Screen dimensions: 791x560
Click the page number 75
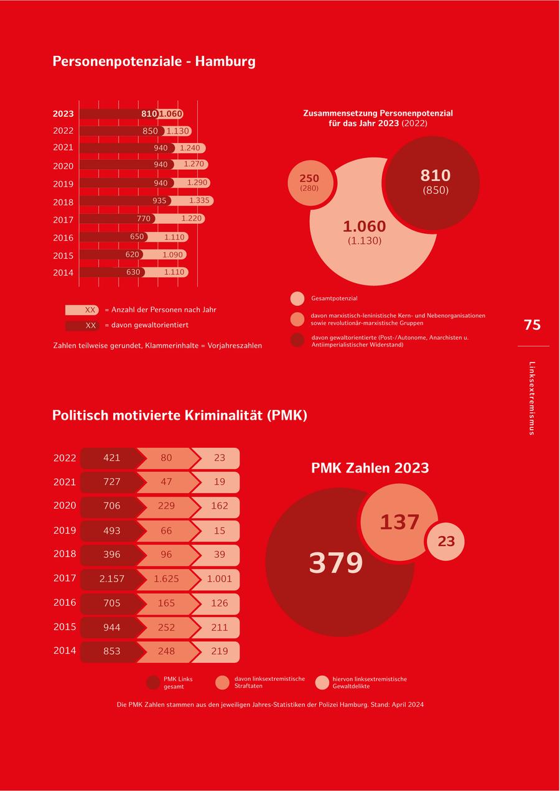click(532, 325)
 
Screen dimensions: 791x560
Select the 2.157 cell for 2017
click(112, 579)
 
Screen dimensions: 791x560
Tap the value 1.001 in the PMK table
click(220, 579)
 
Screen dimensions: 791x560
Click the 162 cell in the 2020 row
click(220, 506)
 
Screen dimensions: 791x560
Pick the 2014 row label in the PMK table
click(65, 650)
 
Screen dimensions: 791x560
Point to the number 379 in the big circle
click(336, 563)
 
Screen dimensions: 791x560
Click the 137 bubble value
click(399, 522)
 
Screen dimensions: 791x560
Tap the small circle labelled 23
click(446, 542)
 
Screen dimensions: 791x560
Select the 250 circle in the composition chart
click(309, 182)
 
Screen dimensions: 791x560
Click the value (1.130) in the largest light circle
click(365, 241)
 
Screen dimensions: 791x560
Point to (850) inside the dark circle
click(436, 190)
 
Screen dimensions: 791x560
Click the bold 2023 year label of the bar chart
click(63, 114)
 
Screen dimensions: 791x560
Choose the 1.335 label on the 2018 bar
click(199, 201)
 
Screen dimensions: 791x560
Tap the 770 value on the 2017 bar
click(144, 219)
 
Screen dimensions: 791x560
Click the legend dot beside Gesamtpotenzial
click(297, 298)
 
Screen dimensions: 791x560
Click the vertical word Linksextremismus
click(531, 398)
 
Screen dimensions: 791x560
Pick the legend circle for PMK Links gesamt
click(153, 682)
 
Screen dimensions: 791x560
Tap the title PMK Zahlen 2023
click(370, 468)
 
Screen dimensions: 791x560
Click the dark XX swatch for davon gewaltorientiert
click(82, 325)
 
